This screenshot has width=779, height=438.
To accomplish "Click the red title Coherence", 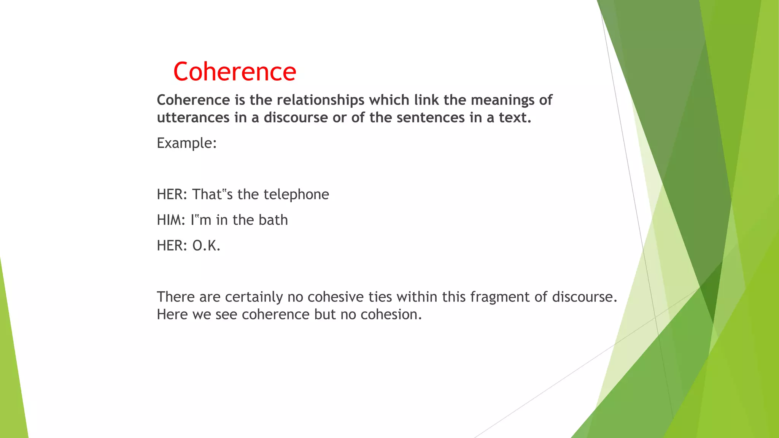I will click(x=234, y=71).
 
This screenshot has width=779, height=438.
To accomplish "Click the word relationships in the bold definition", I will click(x=320, y=100).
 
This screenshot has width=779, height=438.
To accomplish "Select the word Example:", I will click(x=186, y=143).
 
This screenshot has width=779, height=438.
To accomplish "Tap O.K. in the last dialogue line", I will click(x=206, y=246).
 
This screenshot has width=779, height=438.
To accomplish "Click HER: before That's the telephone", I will click(x=172, y=194).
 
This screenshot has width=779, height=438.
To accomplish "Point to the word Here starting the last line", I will click(x=172, y=314).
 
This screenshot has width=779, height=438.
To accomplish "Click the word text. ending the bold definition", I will click(x=515, y=118).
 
